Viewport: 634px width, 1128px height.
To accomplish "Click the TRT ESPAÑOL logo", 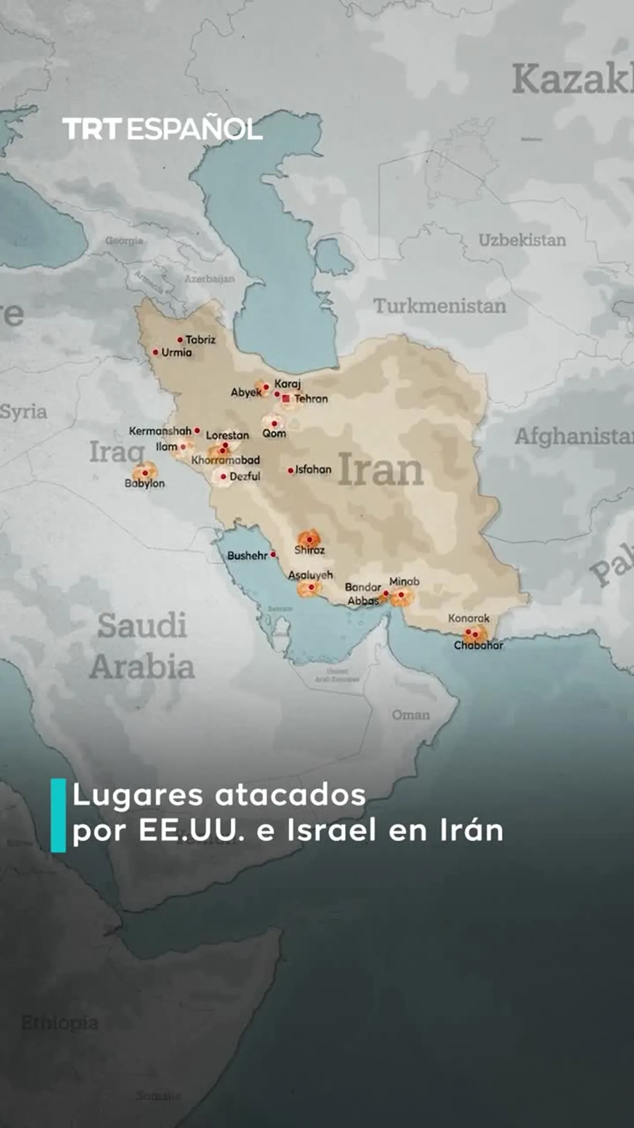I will pos(162,129).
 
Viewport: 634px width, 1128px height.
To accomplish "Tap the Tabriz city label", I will pos(200,340).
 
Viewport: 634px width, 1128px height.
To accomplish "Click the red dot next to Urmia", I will pos(156,352).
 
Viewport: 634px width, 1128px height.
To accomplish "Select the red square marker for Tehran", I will pos(286,398).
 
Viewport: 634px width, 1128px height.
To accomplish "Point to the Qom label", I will pos(274,434).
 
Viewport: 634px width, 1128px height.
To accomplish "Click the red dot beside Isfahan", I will pos(291,470).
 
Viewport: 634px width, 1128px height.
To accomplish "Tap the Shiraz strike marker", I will pos(310,539).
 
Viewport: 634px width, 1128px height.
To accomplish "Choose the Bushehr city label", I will pos(247,556).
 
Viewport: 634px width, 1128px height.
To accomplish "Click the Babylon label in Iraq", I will pos(145,483).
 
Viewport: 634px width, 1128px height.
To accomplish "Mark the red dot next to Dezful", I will pos(223,477).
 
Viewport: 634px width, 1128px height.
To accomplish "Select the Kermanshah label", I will pos(160,431).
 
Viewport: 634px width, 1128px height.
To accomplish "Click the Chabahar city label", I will pos(478,645).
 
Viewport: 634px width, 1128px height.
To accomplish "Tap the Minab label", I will pos(404,581).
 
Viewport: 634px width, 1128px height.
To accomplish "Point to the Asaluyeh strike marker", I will pos(311,587).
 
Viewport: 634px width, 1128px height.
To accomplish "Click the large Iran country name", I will pos(380,470).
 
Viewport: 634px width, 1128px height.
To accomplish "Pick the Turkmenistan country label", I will pos(440,306).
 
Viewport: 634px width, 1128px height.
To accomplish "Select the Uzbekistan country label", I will pos(522,240).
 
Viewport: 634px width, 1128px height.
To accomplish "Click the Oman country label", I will pos(411,715).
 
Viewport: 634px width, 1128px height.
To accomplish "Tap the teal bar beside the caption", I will pos(58,815).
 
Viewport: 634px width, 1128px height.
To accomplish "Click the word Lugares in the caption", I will pos(138,795).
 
